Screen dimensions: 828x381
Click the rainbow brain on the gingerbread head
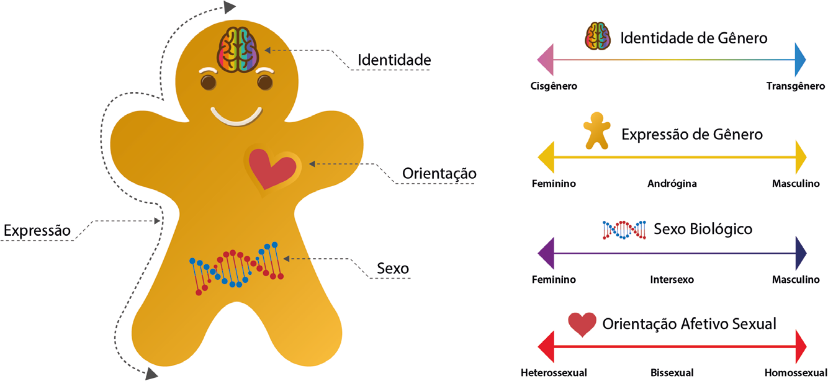[237, 50]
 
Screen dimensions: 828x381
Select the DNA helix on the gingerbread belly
[236, 268]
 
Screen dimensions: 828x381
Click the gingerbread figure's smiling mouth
[236, 117]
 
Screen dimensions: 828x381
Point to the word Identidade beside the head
[394, 60]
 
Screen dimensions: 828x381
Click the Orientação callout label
[439, 174]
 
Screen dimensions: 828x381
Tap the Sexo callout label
[392, 268]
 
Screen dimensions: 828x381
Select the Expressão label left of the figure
[37, 231]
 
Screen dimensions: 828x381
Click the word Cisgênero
[554, 86]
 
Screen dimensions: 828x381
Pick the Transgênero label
[796, 86]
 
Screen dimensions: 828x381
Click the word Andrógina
[672, 183]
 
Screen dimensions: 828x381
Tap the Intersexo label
[672, 279]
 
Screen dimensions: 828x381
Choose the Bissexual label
[672, 372]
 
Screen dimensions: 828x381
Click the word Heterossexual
[554, 372]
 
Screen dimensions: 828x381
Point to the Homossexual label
[796, 372]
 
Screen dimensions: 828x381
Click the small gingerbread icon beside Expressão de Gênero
[596, 131]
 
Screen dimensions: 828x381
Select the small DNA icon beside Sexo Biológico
[624, 230]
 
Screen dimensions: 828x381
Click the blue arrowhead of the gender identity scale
[800, 60]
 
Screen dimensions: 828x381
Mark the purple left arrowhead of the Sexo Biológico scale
[546, 253]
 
